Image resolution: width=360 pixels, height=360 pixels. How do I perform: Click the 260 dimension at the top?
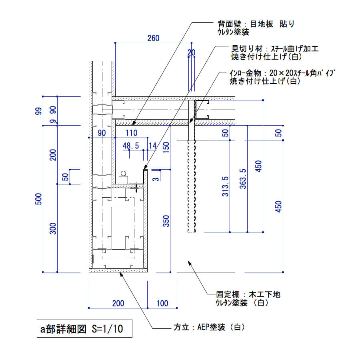pyautogui.click(x=153, y=38)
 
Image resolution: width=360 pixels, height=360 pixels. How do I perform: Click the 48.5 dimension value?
pyautogui.click(x=131, y=146)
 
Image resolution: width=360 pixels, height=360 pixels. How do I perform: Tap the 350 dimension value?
pyautogui.click(x=166, y=221)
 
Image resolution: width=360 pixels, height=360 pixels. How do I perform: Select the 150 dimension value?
pyautogui.click(x=166, y=147)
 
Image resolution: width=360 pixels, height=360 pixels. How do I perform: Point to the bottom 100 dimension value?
pyautogui.click(x=162, y=303)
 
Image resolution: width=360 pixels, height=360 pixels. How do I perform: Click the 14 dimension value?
pyautogui.click(x=152, y=146)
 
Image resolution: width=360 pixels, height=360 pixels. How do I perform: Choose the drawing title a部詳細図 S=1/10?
pyautogui.click(x=82, y=329)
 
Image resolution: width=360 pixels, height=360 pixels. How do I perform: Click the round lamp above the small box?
pyautogui.click(x=123, y=174)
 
